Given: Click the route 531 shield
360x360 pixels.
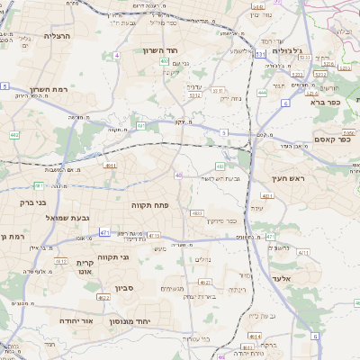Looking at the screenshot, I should [259, 55].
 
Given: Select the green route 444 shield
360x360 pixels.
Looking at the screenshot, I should [262, 92].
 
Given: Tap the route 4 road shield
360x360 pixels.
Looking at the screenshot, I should [117, 55].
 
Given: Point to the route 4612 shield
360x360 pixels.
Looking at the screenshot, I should [60, 261].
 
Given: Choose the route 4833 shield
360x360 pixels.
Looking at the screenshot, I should [196, 213].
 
